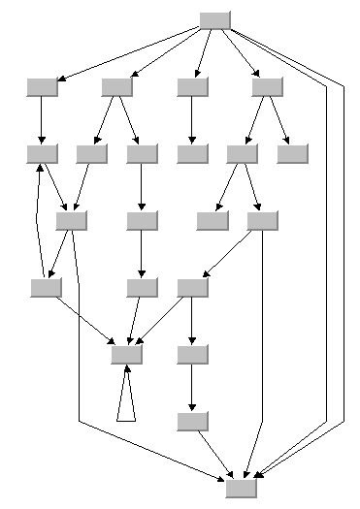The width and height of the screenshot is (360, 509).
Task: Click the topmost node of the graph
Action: (214, 19)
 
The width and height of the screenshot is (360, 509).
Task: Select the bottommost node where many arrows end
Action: (242, 488)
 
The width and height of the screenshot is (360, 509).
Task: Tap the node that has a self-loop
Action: (126, 354)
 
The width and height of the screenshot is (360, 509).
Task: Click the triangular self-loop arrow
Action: (124, 402)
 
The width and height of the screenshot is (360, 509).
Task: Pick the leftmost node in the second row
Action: (43, 87)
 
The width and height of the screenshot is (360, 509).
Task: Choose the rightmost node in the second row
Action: (267, 87)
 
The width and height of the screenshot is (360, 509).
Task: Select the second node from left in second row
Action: (117, 87)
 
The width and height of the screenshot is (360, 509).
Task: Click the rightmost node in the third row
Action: (291, 153)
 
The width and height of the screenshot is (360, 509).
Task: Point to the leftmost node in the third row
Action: (43, 153)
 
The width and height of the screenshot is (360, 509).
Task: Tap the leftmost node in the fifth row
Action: (46, 287)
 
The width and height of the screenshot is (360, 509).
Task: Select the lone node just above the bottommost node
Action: (193, 421)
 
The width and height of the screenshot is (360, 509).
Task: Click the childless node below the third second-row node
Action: (193, 153)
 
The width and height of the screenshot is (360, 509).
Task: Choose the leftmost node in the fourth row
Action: (72, 220)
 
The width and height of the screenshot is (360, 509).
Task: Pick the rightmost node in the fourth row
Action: (263, 220)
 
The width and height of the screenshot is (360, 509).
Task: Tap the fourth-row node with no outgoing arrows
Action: (212, 220)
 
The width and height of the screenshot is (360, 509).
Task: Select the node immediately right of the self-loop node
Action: (193, 354)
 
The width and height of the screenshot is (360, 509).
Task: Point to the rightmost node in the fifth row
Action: (193, 287)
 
